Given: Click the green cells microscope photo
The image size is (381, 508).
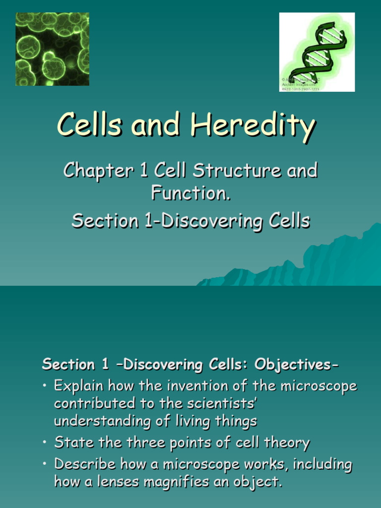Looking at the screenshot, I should click(x=53, y=49).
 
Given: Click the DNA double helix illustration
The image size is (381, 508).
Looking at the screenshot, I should click(x=317, y=52).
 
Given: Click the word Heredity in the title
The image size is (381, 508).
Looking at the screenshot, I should click(x=253, y=125).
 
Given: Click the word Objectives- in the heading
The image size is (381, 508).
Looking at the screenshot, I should click(x=297, y=365).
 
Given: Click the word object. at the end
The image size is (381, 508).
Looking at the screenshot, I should click(x=258, y=483).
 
